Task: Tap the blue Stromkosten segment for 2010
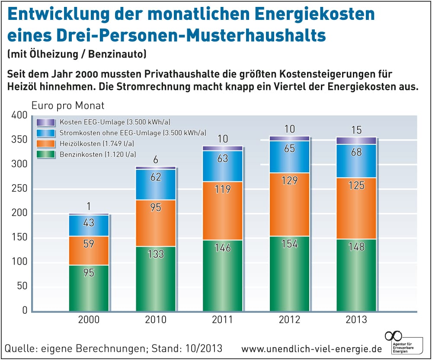click(x=156, y=185)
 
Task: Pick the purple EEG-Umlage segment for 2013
click(x=356, y=140)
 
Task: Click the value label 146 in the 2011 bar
click(x=222, y=248)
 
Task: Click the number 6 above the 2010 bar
click(x=156, y=159)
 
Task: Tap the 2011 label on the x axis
click(x=222, y=320)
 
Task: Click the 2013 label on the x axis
click(x=356, y=320)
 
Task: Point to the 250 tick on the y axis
click(x=19, y=189)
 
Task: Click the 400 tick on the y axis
click(x=19, y=115)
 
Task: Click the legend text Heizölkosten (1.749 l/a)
click(x=96, y=143)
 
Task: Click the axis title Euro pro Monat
click(x=68, y=105)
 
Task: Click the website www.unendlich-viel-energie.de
click(x=312, y=349)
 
